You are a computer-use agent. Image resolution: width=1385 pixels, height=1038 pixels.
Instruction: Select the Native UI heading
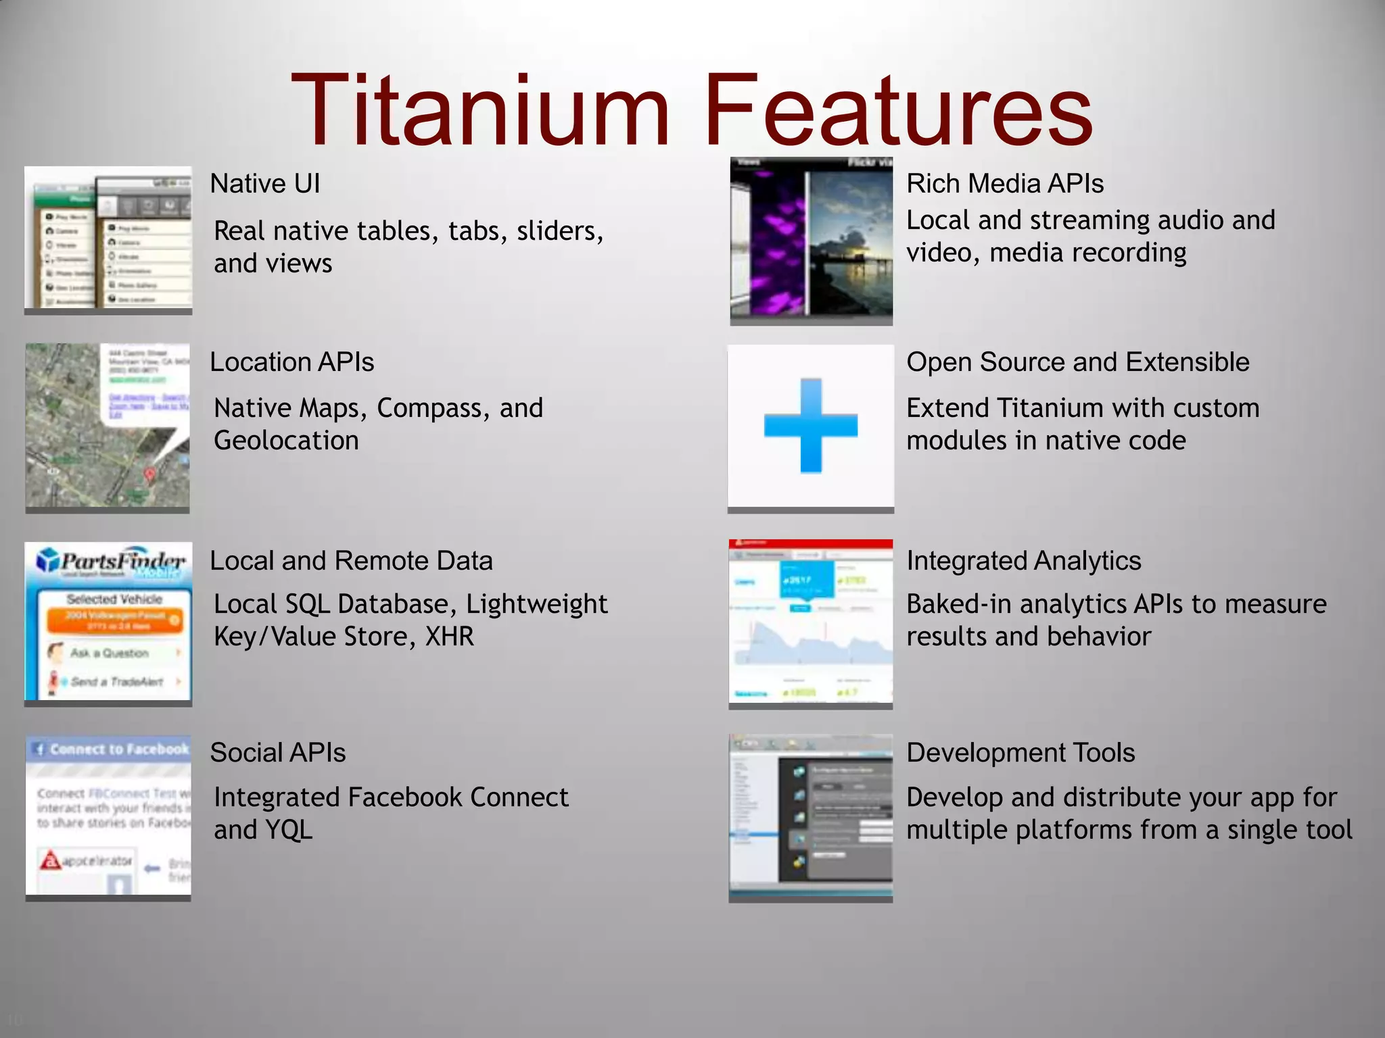pyautogui.click(x=264, y=184)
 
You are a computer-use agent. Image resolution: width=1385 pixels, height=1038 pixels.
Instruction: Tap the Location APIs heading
pyautogui.click(x=291, y=362)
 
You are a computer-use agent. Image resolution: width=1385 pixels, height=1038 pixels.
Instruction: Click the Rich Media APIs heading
pyautogui.click(x=1004, y=184)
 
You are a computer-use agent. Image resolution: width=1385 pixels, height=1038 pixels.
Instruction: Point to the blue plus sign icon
pyautogui.click(x=810, y=426)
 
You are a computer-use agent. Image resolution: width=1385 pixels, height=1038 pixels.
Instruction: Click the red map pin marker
pyautogui.click(x=149, y=475)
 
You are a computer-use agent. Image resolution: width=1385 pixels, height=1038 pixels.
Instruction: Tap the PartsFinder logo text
pyautogui.click(x=122, y=561)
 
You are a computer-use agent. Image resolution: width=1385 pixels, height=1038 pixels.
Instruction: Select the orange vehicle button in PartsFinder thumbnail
pyautogui.click(x=114, y=620)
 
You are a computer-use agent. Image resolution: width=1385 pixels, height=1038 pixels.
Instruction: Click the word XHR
pyautogui.click(x=449, y=637)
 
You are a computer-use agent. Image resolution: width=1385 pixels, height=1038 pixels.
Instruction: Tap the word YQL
pyautogui.click(x=289, y=830)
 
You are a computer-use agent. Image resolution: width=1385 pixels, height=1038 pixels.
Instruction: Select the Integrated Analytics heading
pyautogui.click(x=1023, y=561)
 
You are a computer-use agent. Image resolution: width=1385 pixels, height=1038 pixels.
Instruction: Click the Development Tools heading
pyautogui.click(x=1020, y=753)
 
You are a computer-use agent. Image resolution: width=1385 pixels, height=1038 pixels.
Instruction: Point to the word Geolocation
pyautogui.click(x=286, y=441)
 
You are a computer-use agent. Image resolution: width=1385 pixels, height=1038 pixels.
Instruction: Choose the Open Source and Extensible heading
pyautogui.click(x=1077, y=362)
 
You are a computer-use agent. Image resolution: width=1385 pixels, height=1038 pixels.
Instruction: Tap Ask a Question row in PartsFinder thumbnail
pyautogui.click(x=112, y=653)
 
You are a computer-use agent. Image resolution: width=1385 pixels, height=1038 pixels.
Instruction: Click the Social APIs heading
pyautogui.click(x=277, y=753)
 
